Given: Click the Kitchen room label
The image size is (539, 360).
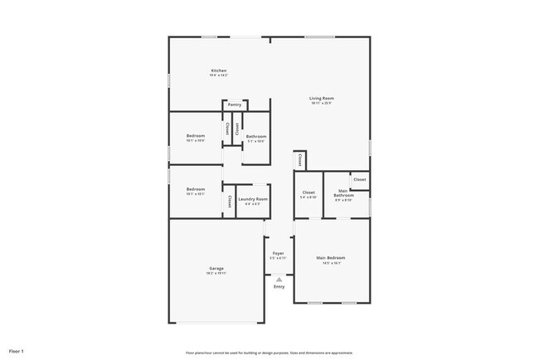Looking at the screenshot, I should click(x=219, y=71).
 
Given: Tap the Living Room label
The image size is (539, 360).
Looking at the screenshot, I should click(x=322, y=98).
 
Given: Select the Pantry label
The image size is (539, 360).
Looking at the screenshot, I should click(x=235, y=105).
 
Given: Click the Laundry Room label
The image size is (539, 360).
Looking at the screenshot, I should click(x=253, y=199).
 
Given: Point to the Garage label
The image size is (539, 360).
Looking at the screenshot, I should click(x=216, y=268).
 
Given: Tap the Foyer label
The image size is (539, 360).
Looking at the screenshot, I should click(x=278, y=254).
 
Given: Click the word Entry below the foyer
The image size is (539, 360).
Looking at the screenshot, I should click(x=279, y=287).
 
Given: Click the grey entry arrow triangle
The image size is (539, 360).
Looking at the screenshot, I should click(x=279, y=280).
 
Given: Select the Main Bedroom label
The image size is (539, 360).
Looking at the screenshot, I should click(x=330, y=258).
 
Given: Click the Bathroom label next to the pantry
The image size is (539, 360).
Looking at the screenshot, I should click(x=255, y=136).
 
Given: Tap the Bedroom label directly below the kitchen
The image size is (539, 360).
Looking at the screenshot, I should click(x=196, y=135).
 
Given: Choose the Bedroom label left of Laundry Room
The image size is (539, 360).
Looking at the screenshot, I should click(x=196, y=189).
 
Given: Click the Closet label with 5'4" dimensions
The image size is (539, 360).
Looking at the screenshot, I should click(x=308, y=192).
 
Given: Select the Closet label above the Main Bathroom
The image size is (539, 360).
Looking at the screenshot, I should click(x=360, y=179).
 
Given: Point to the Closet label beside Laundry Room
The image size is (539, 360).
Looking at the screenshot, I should click(x=229, y=200).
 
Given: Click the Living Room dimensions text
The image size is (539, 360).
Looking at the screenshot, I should click(x=322, y=104).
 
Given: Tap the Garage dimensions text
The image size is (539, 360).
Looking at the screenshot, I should click(x=216, y=273).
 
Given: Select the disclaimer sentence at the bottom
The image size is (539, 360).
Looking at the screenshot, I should click(x=269, y=351).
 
